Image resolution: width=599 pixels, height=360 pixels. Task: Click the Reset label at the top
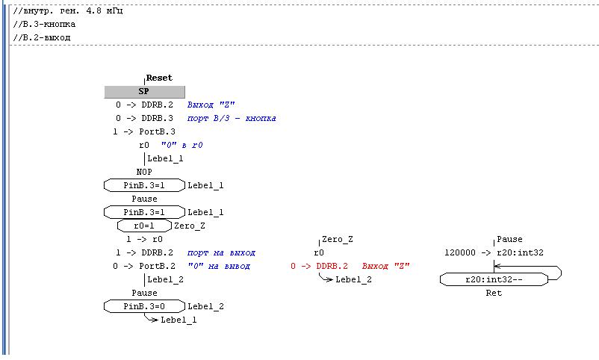(x=158, y=78)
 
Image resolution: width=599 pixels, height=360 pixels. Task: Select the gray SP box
(x=143, y=91)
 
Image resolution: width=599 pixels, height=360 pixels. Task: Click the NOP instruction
(x=144, y=172)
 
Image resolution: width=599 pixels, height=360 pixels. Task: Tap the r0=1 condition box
(x=143, y=226)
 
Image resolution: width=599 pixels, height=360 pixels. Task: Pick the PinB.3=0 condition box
(x=143, y=306)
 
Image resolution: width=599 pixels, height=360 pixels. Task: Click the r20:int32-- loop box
(x=494, y=279)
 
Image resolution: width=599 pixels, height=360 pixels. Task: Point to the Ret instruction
(x=494, y=293)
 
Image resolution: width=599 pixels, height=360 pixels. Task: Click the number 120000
(x=460, y=252)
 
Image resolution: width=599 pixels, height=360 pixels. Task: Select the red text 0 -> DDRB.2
(x=319, y=266)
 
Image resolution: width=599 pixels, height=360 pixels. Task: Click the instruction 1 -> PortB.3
(x=143, y=131)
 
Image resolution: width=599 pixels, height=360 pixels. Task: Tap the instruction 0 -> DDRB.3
(x=144, y=118)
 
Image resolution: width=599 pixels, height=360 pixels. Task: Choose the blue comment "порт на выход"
(x=221, y=252)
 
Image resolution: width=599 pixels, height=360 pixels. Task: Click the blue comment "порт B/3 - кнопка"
(x=232, y=118)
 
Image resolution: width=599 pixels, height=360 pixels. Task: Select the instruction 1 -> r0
(x=144, y=239)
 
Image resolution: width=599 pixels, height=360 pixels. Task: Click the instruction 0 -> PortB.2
(x=143, y=266)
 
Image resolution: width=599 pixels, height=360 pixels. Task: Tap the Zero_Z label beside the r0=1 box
(x=189, y=226)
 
